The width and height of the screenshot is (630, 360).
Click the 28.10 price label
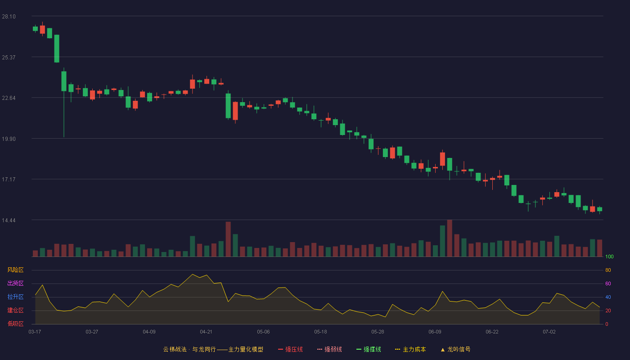tap(9, 17)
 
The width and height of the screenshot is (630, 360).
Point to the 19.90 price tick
tap(9, 139)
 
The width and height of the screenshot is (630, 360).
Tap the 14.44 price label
tap(9, 220)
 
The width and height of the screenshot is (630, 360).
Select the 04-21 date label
tap(206, 332)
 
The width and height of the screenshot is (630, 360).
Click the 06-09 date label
tap(435, 332)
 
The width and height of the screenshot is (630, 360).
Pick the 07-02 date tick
tap(549, 332)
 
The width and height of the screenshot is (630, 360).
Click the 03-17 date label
tap(35, 332)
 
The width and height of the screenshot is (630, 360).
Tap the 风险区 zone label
tap(15, 270)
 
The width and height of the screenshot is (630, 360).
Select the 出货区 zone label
tap(15, 283)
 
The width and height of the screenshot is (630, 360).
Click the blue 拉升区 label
tap(15, 297)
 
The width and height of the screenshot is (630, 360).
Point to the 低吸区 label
tap(15, 324)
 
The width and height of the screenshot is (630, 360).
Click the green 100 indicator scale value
tap(609, 256)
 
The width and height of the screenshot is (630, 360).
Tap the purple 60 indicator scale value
tap(608, 283)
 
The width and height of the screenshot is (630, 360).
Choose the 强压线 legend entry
tap(290, 349)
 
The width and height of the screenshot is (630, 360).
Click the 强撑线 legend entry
tap(369, 349)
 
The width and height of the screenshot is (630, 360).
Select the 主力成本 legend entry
tap(410, 349)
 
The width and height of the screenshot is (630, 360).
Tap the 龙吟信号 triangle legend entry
tap(455, 349)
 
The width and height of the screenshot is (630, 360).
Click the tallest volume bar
tap(450, 238)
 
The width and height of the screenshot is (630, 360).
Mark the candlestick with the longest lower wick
tap(64, 103)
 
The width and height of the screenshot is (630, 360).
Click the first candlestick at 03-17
tap(35, 29)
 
